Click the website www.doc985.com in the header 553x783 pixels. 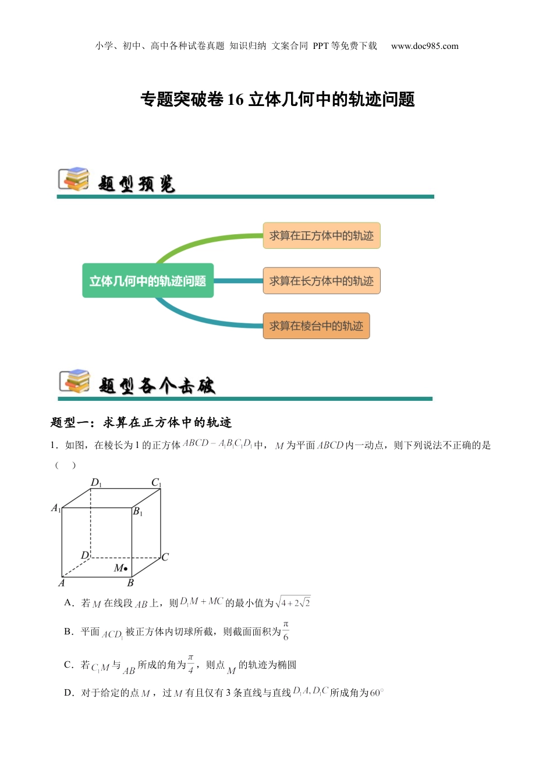pyautogui.click(x=424, y=46)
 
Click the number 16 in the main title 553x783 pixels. pyautogui.click(x=235, y=100)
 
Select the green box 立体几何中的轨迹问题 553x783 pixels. pyautogui.click(x=148, y=281)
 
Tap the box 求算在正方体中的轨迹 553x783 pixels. pyautogui.click(x=321, y=236)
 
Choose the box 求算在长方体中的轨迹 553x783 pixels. pyautogui.click(x=321, y=281)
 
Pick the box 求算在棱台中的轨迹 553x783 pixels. pyautogui.click(x=316, y=326)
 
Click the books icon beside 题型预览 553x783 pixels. pyautogui.click(x=74, y=179)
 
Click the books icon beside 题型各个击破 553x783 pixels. pyautogui.click(x=75, y=382)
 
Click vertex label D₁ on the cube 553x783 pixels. pyautogui.click(x=96, y=482)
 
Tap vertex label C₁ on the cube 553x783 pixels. pyautogui.click(x=156, y=482)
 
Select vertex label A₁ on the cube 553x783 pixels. pyautogui.click(x=56, y=508)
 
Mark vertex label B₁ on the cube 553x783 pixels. pyautogui.click(x=138, y=512)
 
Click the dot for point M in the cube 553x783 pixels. pyautogui.click(x=126, y=569)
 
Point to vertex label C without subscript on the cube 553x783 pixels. pyautogui.click(x=165, y=557)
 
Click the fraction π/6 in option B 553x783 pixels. pyautogui.click(x=286, y=631)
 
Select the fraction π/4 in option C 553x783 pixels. pyautogui.click(x=190, y=664)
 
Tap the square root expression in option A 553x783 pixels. pyautogui.click(x=294, y=602)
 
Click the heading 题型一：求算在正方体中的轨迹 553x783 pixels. pyautogui.click(x=141, y=422)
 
